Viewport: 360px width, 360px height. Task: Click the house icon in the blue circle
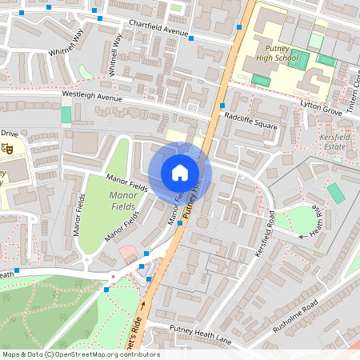(x=180, y=173)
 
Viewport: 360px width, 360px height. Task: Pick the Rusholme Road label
(x=294, y=318)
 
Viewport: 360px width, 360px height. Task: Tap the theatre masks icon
(x=7, y=148)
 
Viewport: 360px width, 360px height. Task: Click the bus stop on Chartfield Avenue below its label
(x=190, y=38)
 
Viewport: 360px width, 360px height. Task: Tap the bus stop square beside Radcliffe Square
(x=222, y=106)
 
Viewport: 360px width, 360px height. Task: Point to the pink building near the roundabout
(x=126, y=254)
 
